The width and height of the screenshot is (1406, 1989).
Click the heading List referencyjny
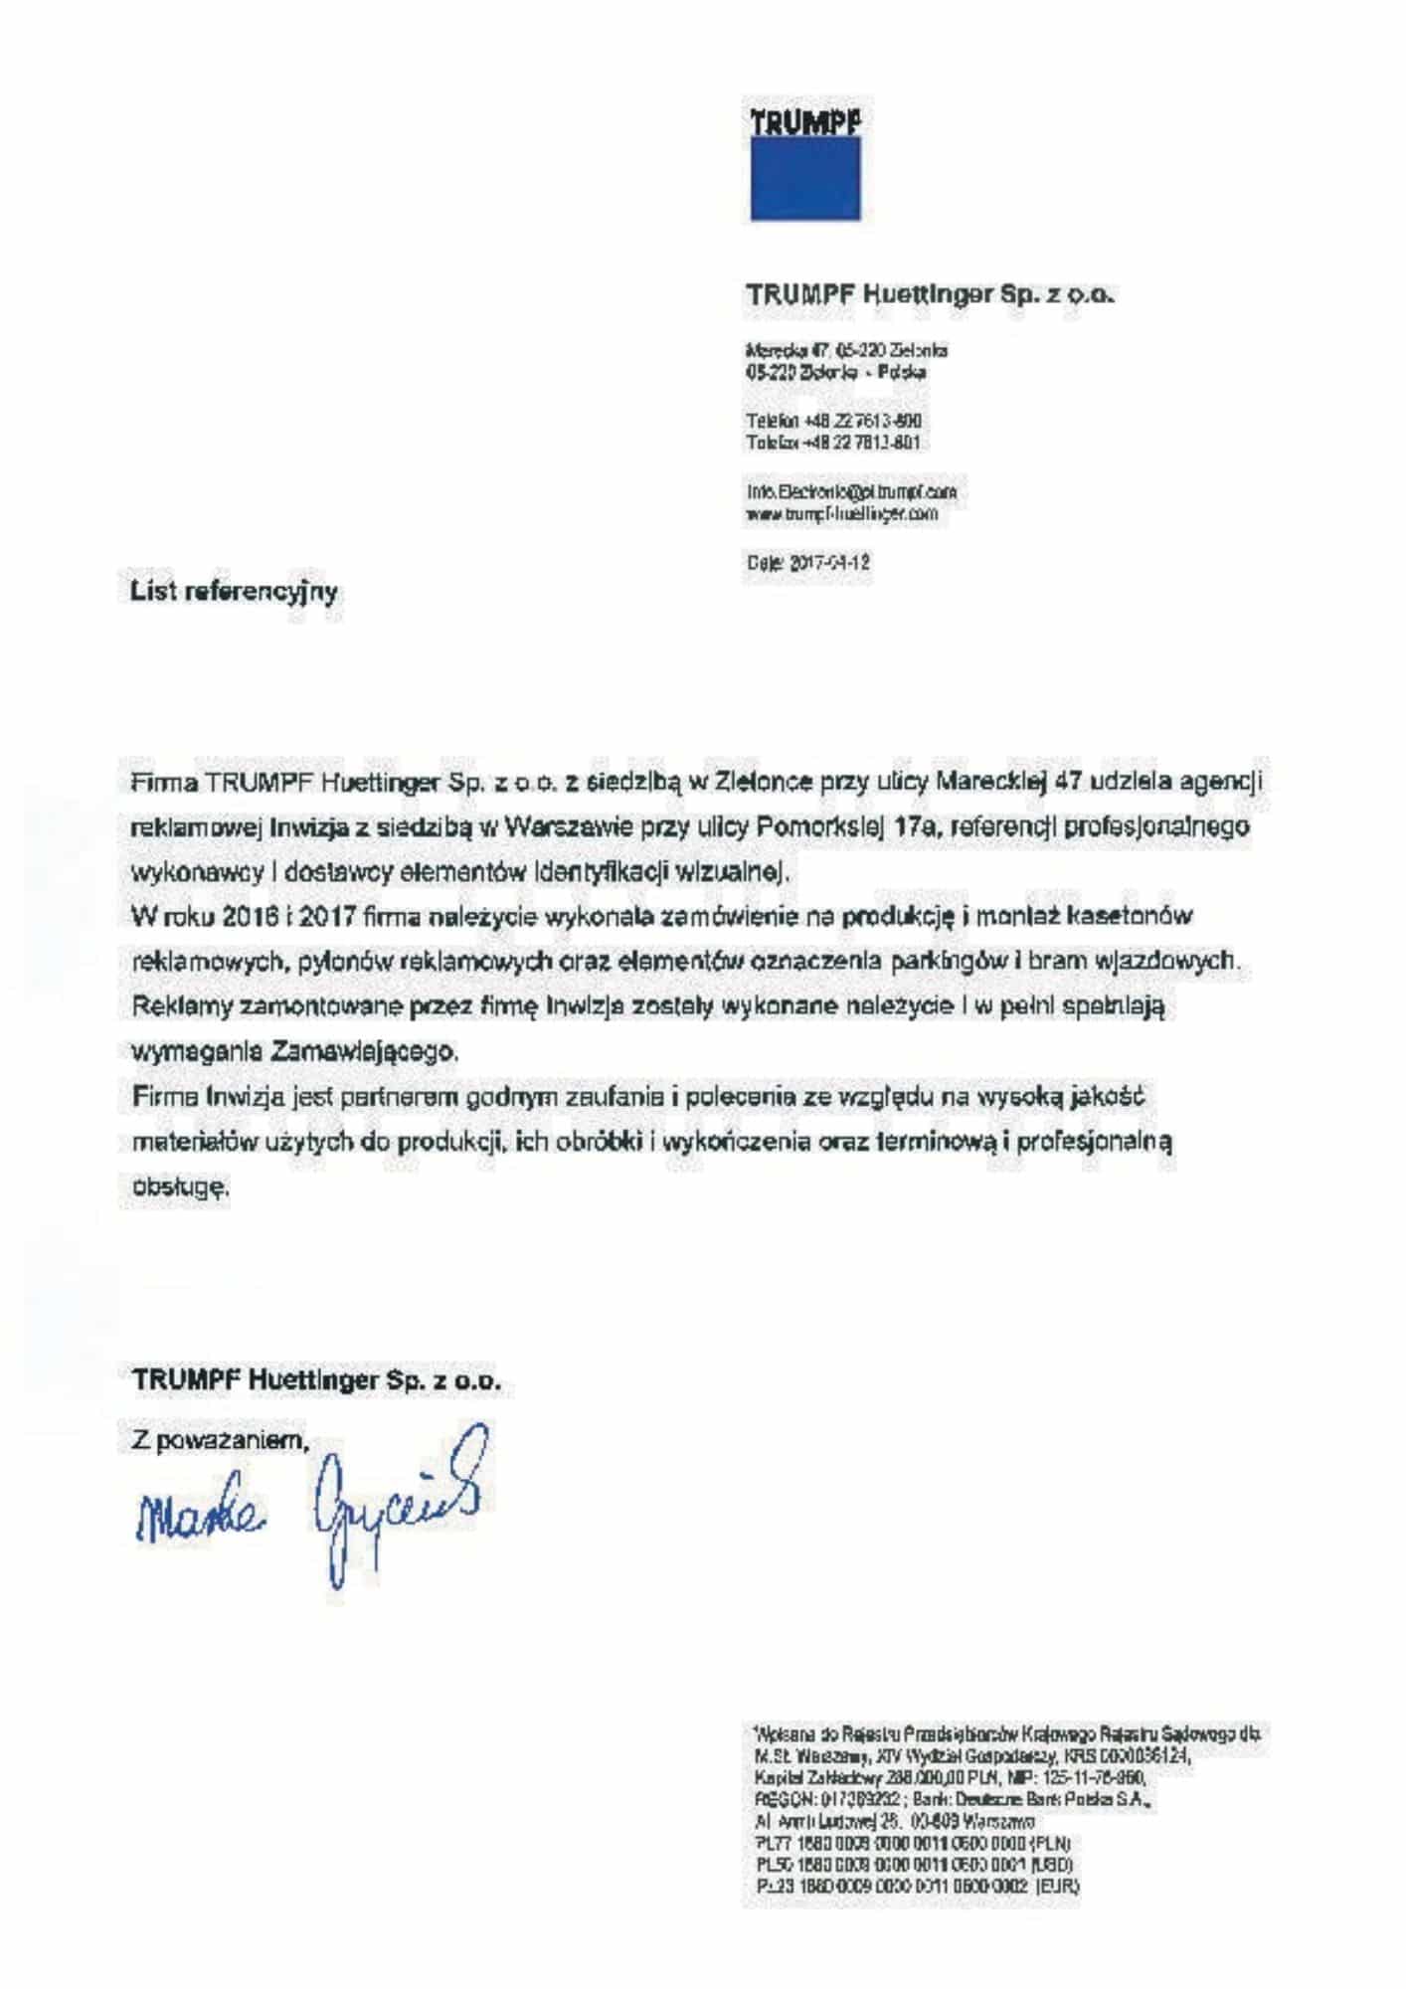click(235, 593)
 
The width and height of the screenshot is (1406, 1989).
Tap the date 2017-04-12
click(807, 563)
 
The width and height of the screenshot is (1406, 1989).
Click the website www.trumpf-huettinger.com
click(841, 515)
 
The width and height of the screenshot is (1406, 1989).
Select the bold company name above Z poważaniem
click(316, 1381)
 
